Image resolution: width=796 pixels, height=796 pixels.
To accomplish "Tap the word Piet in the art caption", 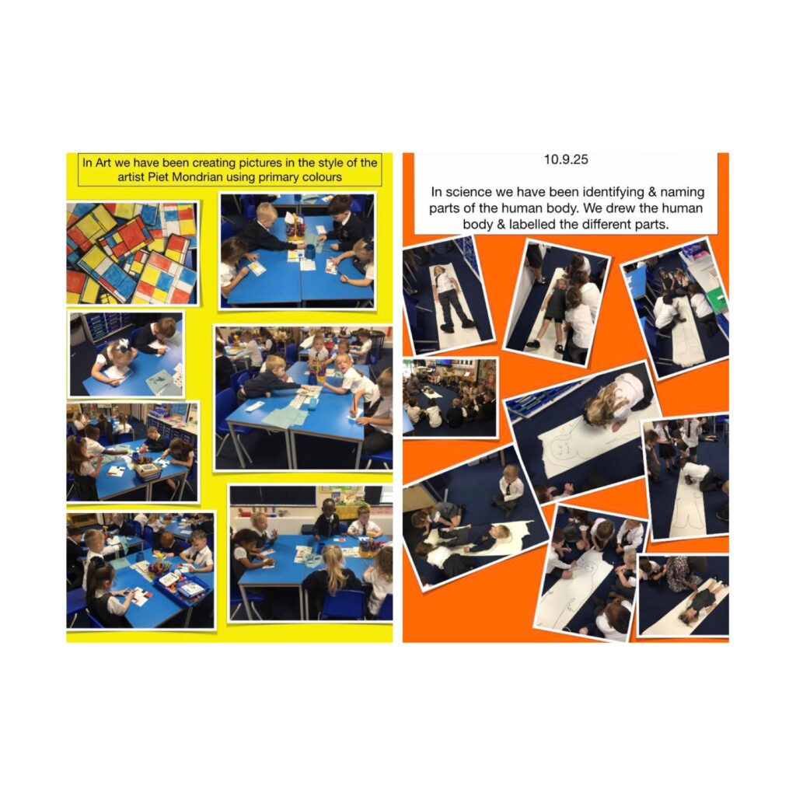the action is coord(159,177).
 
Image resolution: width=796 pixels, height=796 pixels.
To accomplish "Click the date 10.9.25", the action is coord(566,159).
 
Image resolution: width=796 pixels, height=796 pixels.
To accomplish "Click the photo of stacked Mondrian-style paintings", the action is coord(132,253).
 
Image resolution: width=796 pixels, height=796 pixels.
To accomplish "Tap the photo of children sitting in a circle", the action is coord(450,397).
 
